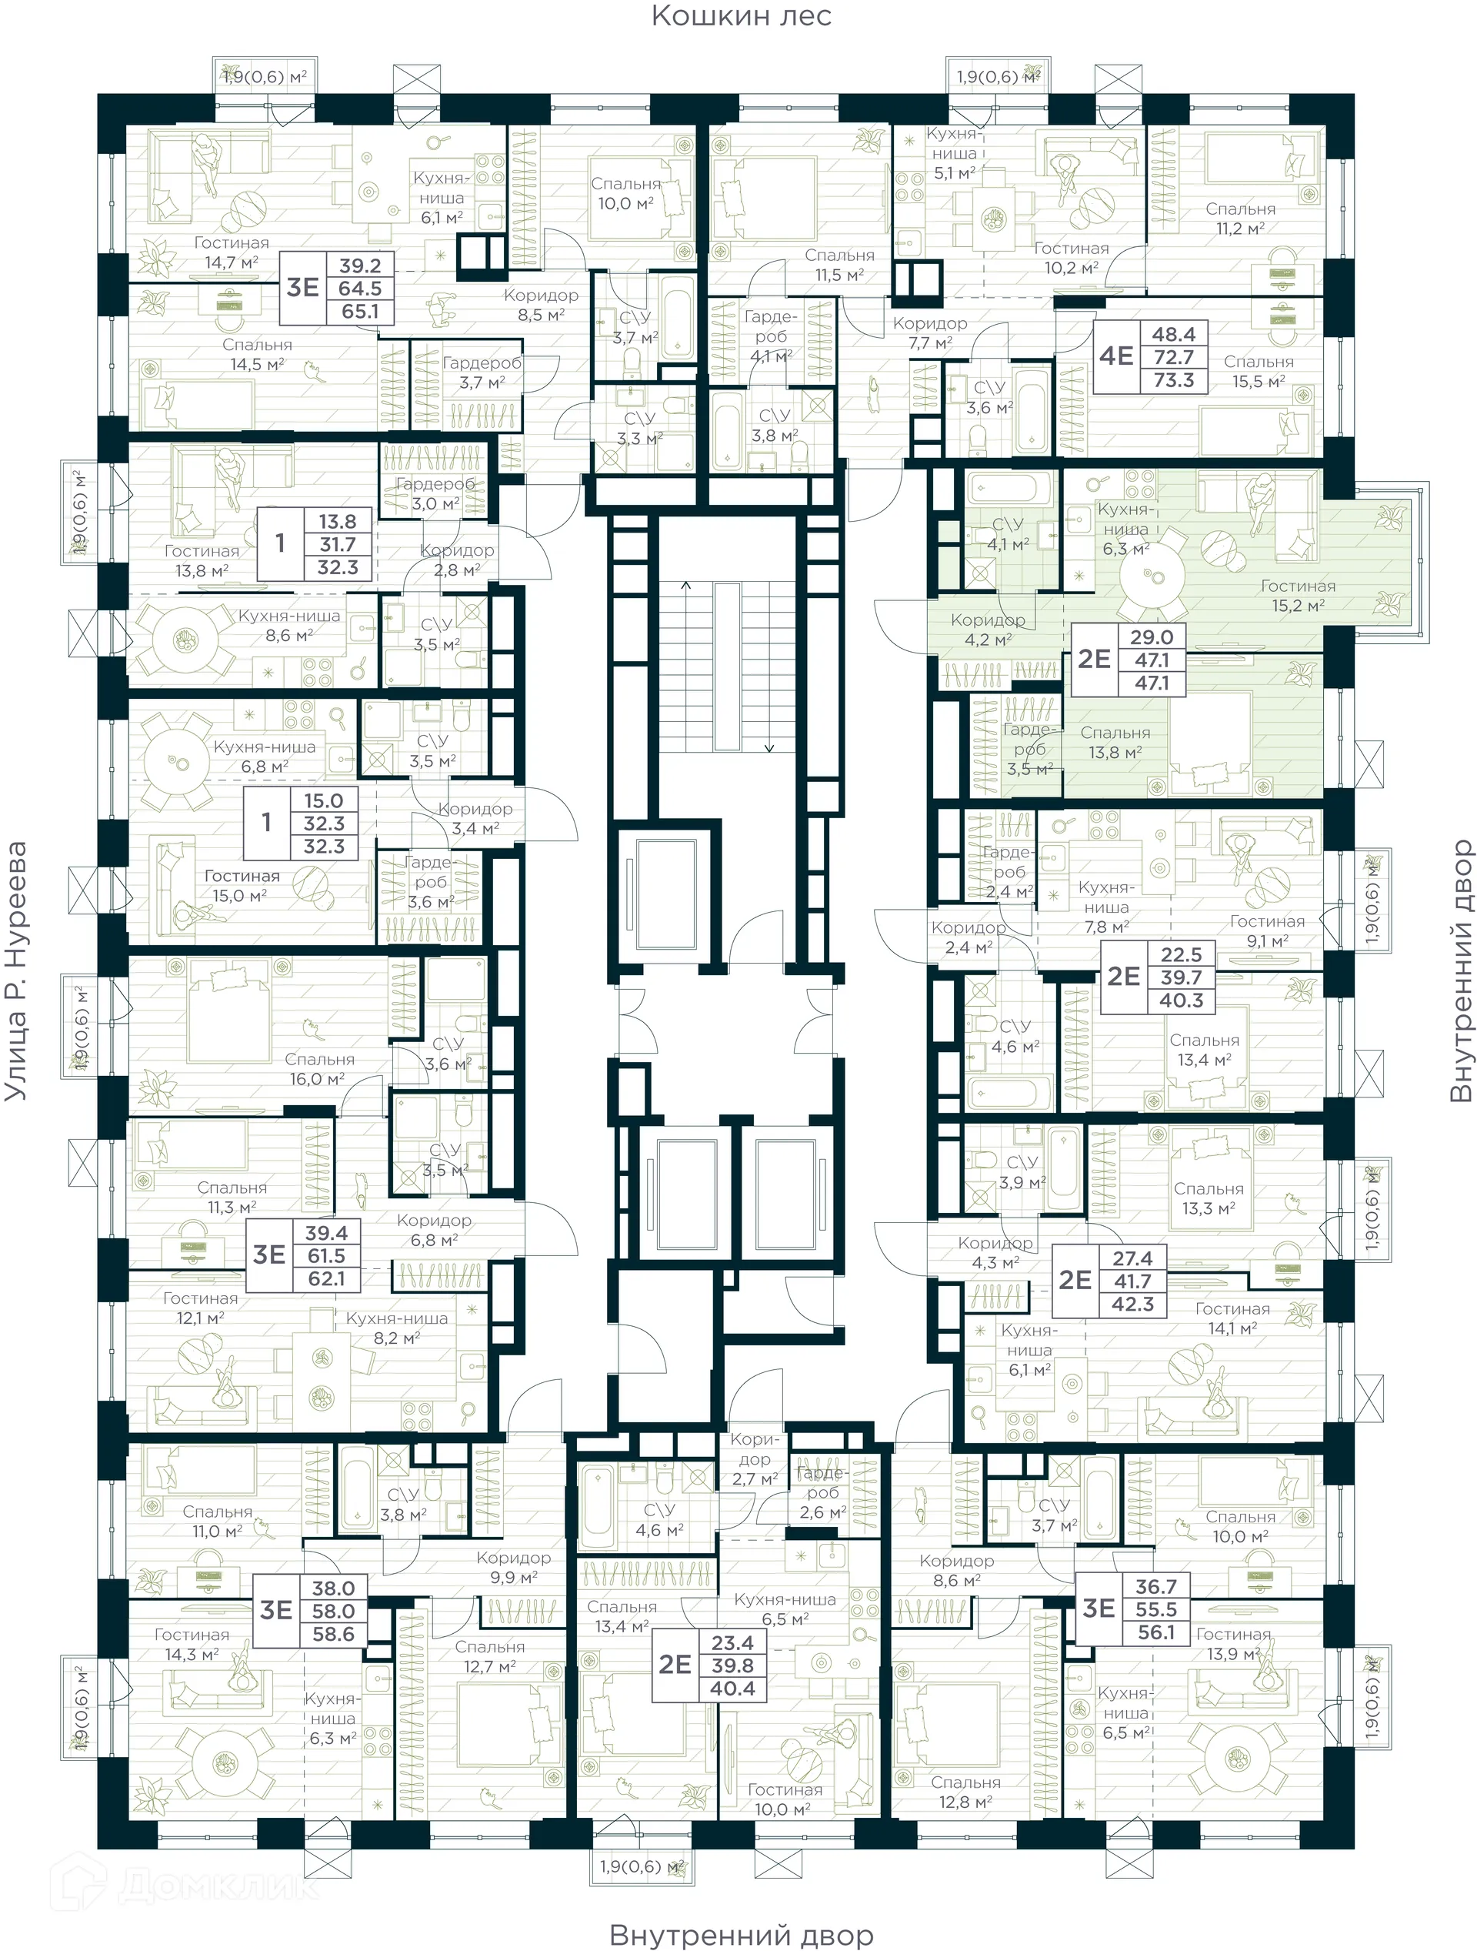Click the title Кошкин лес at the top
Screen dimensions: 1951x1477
(741, 16)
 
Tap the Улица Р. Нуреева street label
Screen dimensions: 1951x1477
(17, 970)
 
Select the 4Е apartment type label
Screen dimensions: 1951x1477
(1115, 356)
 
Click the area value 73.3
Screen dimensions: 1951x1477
(1173, 380)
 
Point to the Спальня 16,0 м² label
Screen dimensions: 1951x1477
(318, 1069)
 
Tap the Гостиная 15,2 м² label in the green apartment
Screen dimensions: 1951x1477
(1297, 596)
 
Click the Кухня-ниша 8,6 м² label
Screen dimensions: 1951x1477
(288, 626)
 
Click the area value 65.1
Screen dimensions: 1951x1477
(360, 312)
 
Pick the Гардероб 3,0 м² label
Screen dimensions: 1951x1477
(435, 494)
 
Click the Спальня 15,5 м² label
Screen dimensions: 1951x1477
(1259, 371)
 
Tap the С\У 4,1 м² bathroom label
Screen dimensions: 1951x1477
(1008, 534)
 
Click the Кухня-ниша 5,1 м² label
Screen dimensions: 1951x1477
(954, 153)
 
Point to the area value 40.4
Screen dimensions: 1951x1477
(732, 1688)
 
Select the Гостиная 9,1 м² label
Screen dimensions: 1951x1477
(1267, 930)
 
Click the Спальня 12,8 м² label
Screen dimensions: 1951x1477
(965, 1792)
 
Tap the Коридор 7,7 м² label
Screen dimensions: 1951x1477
(929, 332)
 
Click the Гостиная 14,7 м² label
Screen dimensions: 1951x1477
(231, 252)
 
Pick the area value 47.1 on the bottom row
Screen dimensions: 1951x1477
(1152, 683)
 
